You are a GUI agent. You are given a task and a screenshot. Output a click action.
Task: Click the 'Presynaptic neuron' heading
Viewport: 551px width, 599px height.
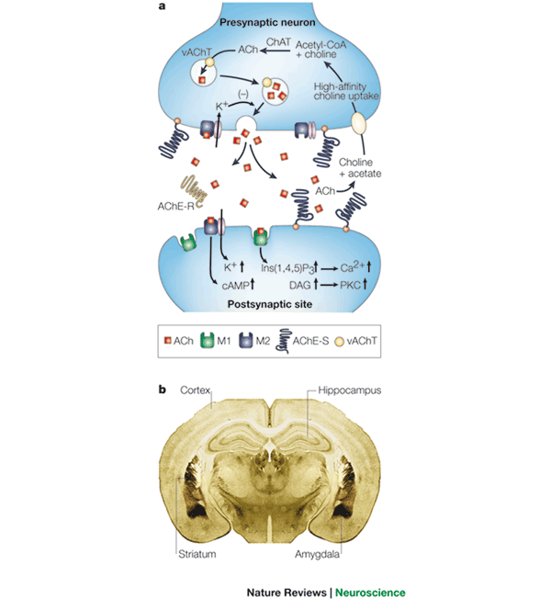267,23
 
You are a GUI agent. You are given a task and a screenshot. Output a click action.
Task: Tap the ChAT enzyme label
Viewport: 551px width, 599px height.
278,42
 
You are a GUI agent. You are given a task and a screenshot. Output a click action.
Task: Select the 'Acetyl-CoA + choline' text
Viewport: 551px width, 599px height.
320,50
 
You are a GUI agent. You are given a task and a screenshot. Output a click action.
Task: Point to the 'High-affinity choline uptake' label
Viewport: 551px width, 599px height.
346,92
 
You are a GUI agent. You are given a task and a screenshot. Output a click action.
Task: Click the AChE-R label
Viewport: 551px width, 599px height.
176,207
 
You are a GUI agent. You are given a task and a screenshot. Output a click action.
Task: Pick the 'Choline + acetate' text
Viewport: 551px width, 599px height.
360,168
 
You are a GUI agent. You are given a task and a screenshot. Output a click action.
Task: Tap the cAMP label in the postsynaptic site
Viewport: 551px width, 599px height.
235,286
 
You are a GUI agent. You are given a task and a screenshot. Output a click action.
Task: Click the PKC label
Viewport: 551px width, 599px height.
350,286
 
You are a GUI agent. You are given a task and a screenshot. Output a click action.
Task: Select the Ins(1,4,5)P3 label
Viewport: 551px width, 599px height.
287,268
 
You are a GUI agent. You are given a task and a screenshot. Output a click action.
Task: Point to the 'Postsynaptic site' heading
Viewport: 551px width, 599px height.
270,304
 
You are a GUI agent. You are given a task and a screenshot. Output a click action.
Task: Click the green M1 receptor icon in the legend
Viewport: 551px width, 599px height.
208,340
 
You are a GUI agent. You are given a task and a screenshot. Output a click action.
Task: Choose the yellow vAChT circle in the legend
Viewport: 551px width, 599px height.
339,341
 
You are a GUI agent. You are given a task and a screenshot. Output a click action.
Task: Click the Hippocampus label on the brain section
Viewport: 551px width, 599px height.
349,390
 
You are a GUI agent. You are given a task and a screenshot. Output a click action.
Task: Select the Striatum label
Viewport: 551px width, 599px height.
197,554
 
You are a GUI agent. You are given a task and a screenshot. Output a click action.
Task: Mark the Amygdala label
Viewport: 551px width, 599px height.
317,554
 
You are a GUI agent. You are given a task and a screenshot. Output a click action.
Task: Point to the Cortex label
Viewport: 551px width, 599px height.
195,390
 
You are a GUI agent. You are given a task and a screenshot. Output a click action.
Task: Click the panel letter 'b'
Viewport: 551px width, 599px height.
163,390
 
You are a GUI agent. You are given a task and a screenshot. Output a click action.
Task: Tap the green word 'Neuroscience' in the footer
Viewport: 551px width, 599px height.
370,593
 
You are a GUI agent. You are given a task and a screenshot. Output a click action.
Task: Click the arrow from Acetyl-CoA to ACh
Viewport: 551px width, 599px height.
275,50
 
